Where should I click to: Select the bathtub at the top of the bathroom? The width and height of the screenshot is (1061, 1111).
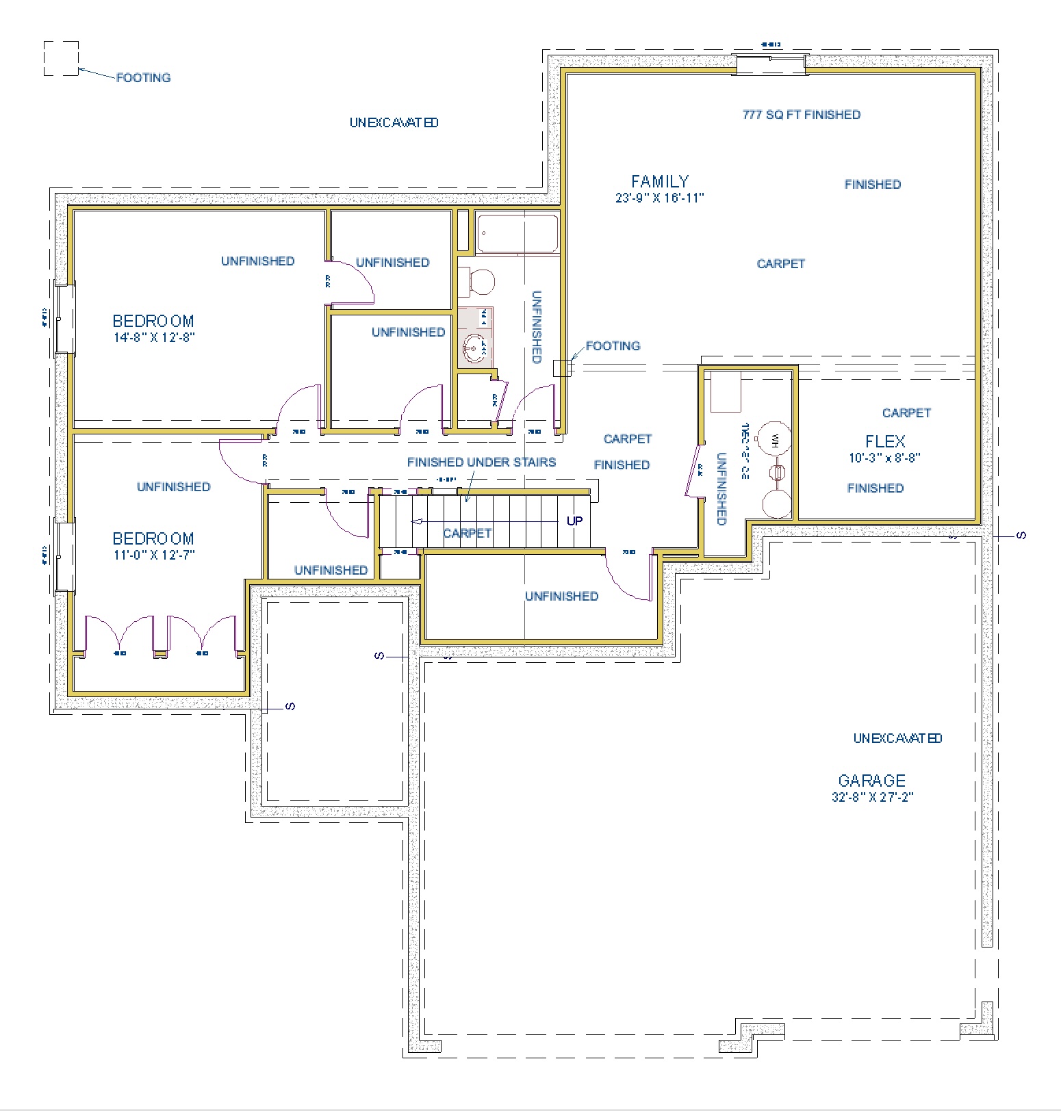[x=517, y=233]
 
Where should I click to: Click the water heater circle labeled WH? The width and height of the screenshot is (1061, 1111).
[x=775, y=438]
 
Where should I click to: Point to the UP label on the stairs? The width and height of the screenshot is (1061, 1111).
[x=574, y=521]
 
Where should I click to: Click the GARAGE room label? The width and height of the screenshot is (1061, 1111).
[x=871, y=781]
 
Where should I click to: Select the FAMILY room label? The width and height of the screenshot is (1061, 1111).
[x=660, y=181]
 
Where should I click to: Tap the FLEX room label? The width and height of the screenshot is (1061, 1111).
[x=885, y=441]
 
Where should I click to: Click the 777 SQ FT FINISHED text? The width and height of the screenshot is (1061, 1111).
[x=801, y=115]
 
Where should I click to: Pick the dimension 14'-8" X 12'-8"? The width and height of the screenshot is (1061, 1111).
[x=155, y=337]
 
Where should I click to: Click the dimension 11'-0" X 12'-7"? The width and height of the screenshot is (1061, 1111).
[x=155, y=555]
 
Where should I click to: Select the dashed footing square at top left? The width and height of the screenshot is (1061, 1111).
[x=61, y=58]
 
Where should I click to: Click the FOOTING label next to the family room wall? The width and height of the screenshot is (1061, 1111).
[x=613, y=346]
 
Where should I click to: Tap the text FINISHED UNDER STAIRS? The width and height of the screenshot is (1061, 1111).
[x=481, y=462]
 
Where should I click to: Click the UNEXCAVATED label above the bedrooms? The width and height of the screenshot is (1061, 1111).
[x=394, y=123]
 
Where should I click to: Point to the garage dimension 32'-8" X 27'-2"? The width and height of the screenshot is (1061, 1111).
[x=872, y=797]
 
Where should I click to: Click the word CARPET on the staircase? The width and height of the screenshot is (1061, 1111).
[x=467, y=533]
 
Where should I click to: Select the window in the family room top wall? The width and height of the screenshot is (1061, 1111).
[x=770, y=64]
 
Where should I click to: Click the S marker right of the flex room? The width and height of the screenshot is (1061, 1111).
[x=1021, y=536]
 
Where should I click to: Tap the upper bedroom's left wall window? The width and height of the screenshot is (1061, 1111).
[x=64, y=319]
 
